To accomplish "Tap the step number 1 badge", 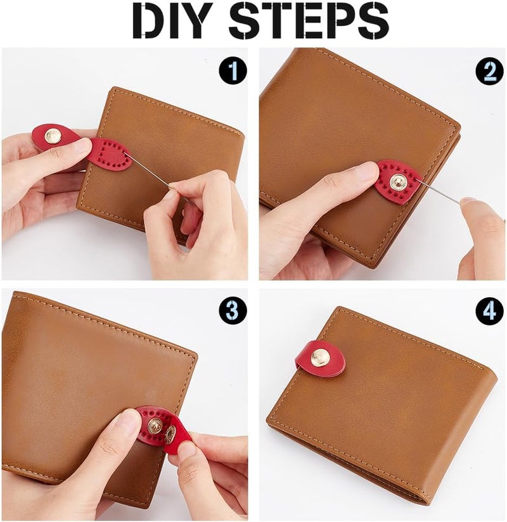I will [x=233, y=70].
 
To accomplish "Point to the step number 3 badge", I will [x=233, y=310].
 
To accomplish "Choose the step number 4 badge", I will [x=489, y=310].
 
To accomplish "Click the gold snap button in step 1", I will [x=55, y=135].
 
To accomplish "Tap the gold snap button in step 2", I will [x=398, y=182].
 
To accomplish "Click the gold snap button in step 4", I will [x=321, y=357].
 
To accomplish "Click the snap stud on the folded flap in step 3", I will [x=170, y=434].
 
